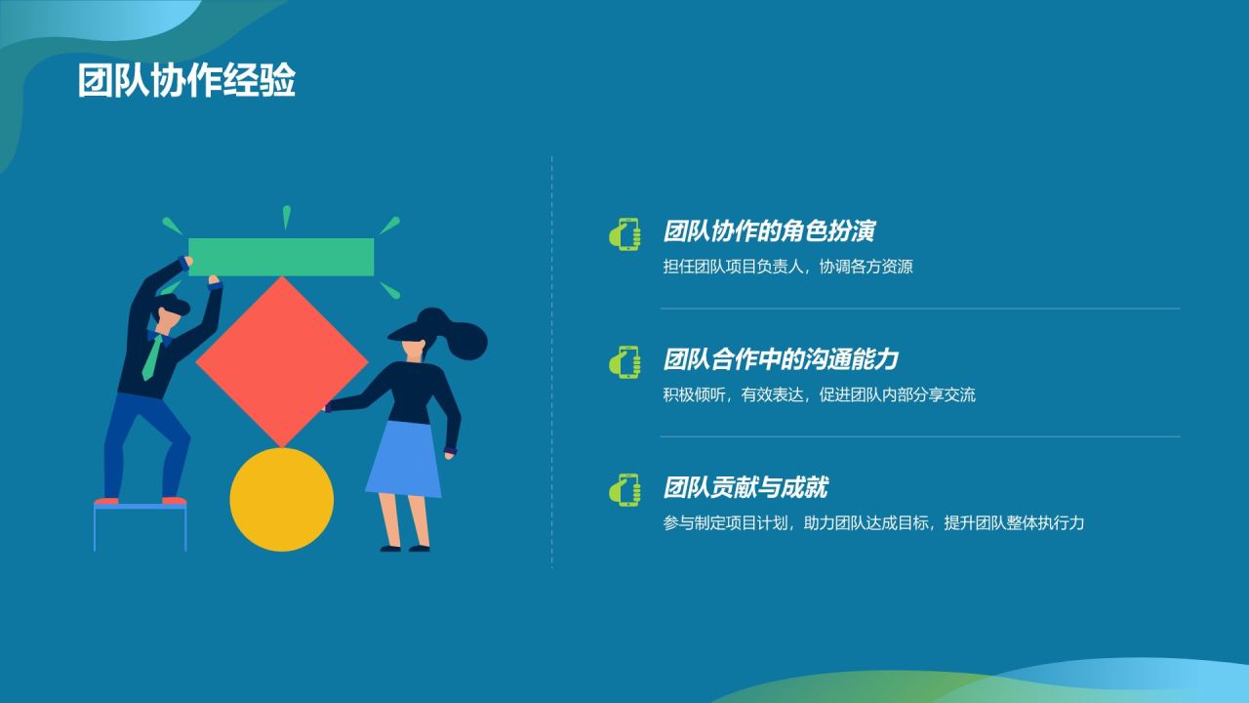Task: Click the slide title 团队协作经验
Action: [x=186, y=82]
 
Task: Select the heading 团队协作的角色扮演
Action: [x=769, y=231]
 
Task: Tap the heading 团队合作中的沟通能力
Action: [x=781, y=359]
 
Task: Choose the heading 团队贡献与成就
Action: [x=745, y=487]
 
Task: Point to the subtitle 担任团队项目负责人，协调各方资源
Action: [x=787, y=267]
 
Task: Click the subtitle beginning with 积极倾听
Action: [x=819, y=394]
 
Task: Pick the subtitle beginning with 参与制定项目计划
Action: [x=873, y=522]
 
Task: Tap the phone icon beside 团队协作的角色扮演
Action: [x=624, y=233]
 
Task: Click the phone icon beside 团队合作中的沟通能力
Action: [x=624, y=361]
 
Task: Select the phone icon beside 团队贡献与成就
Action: [x=624, y=489]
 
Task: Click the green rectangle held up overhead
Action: [x=281, y=257]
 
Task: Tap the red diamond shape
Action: [x=282, y=361]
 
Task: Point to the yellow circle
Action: [x=281, y=499]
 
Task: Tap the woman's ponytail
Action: [x=469, y=339]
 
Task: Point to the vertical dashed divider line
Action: [x=551, y=361]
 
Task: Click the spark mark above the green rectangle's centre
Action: [x=286, y=217]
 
